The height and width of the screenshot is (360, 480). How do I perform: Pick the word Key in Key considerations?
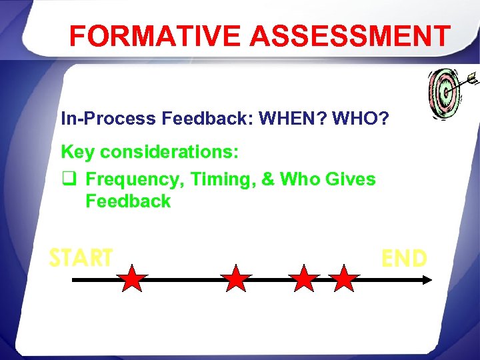(x=78, y=152)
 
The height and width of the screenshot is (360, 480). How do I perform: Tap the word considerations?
(x=170, y=152)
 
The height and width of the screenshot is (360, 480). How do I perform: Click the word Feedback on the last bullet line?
(x=128, y=201)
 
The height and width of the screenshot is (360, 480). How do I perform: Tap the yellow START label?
(x=81, y=257)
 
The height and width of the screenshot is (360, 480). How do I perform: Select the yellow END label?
(x=404, y=258)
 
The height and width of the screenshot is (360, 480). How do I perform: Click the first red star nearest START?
(x=133, y=279)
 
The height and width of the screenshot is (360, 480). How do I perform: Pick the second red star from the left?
(x=235, y=279)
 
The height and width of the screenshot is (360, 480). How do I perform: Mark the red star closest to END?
(x=344, y=279)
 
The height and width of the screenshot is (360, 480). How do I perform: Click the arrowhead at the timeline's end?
(x=427, y=281)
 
